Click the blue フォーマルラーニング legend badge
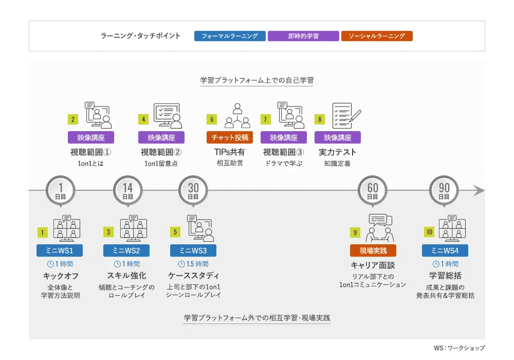230,36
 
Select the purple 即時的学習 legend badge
303,36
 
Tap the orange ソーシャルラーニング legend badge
377,36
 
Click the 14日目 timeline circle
127,191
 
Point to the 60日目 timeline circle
372,191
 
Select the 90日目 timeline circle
444,191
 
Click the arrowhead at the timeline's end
479,190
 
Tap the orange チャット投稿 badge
229,137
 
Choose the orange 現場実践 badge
373,250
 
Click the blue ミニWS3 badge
193,250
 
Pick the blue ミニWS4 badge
445,250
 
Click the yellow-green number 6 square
212,119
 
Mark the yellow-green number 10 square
429,232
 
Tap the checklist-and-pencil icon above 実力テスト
346,116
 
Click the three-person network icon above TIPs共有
237,116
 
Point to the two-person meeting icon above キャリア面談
380,228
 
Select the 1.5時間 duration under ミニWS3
193,264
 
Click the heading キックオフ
61,276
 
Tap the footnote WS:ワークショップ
459,348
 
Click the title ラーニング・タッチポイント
140,35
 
